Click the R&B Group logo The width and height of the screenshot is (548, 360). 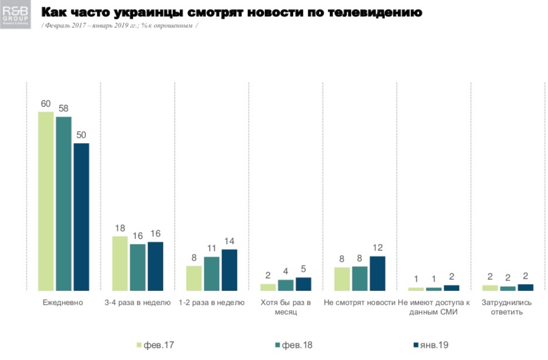click(16, 15)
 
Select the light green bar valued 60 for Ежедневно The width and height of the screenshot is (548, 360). click(46, 201)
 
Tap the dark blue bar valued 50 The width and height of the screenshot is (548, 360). click(81, 217)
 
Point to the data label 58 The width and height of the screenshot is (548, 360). click(63, 109)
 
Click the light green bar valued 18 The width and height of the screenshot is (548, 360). click(120, 263)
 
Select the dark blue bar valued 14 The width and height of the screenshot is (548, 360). click(229, 270)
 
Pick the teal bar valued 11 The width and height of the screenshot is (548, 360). click(212, 274)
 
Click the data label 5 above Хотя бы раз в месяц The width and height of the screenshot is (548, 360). click(303, 269)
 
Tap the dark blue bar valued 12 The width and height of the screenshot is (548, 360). click(377, 273)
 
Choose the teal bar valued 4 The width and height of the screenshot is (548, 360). click(286, 285)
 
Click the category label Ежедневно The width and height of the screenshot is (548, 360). click(63, 303)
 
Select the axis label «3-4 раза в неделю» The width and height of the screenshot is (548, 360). click(137, 303)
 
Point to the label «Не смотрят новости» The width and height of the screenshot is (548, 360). click(359, 303)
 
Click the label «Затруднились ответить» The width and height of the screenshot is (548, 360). click(507, 307)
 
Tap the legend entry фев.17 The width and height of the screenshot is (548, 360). click(156, 345)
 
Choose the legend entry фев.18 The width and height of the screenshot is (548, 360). click(294, 345)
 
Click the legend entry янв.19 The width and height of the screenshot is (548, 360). click(431, 345)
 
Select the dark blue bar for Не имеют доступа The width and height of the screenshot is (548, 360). click(451, 288)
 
